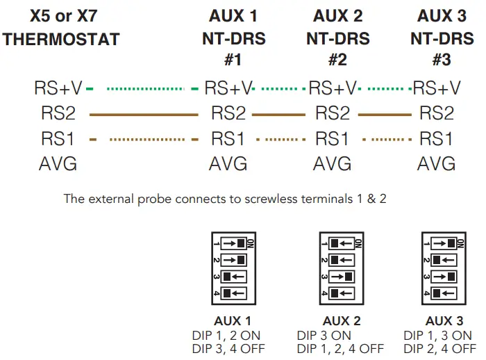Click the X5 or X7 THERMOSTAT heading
[x=61, y=27]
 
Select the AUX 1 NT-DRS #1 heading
[x=233, y=38]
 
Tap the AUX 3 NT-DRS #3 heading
[x=442, y=38]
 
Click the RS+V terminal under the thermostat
[x=58, y=88]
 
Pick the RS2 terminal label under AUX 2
[x=332, y=113]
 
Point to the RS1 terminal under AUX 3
[x=436, y=139]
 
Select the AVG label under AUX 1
[x=228, y=165]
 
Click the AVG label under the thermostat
[x=58, y=165]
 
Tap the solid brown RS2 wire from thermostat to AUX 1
[x=143, y=114]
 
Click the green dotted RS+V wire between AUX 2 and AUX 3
[x=384, y=89]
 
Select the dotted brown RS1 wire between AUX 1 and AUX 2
[x=280, y=140]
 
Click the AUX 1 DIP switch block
[x=234, y=268]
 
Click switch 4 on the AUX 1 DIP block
[x=235, y=294]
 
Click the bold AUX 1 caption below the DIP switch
[x=233, y=321]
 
